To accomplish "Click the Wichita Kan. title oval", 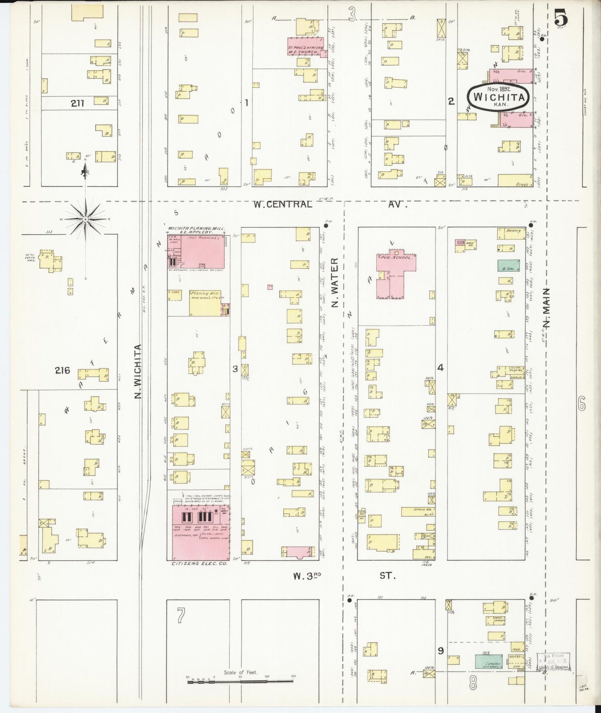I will click(x=498, y=97).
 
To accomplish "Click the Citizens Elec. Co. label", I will click(x=200, y=564).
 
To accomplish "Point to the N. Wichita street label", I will click(x=139, y=371).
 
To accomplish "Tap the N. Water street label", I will click(x=335, y=282).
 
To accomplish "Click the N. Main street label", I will click(x=547, y=308).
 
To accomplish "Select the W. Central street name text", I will click(x=283, y=204).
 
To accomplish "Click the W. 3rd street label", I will click(x=308, y=576).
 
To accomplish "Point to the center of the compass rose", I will click(x=85, y=219).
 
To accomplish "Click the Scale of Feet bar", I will click(x=240, y=681).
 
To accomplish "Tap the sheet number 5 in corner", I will click(x=563, y=19).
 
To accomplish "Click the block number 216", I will click(x=62, y=370).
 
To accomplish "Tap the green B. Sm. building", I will click(x=508, y=266).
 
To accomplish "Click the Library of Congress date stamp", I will click(x=553, y=661).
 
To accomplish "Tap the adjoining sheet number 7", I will click(x=180, y=616).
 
